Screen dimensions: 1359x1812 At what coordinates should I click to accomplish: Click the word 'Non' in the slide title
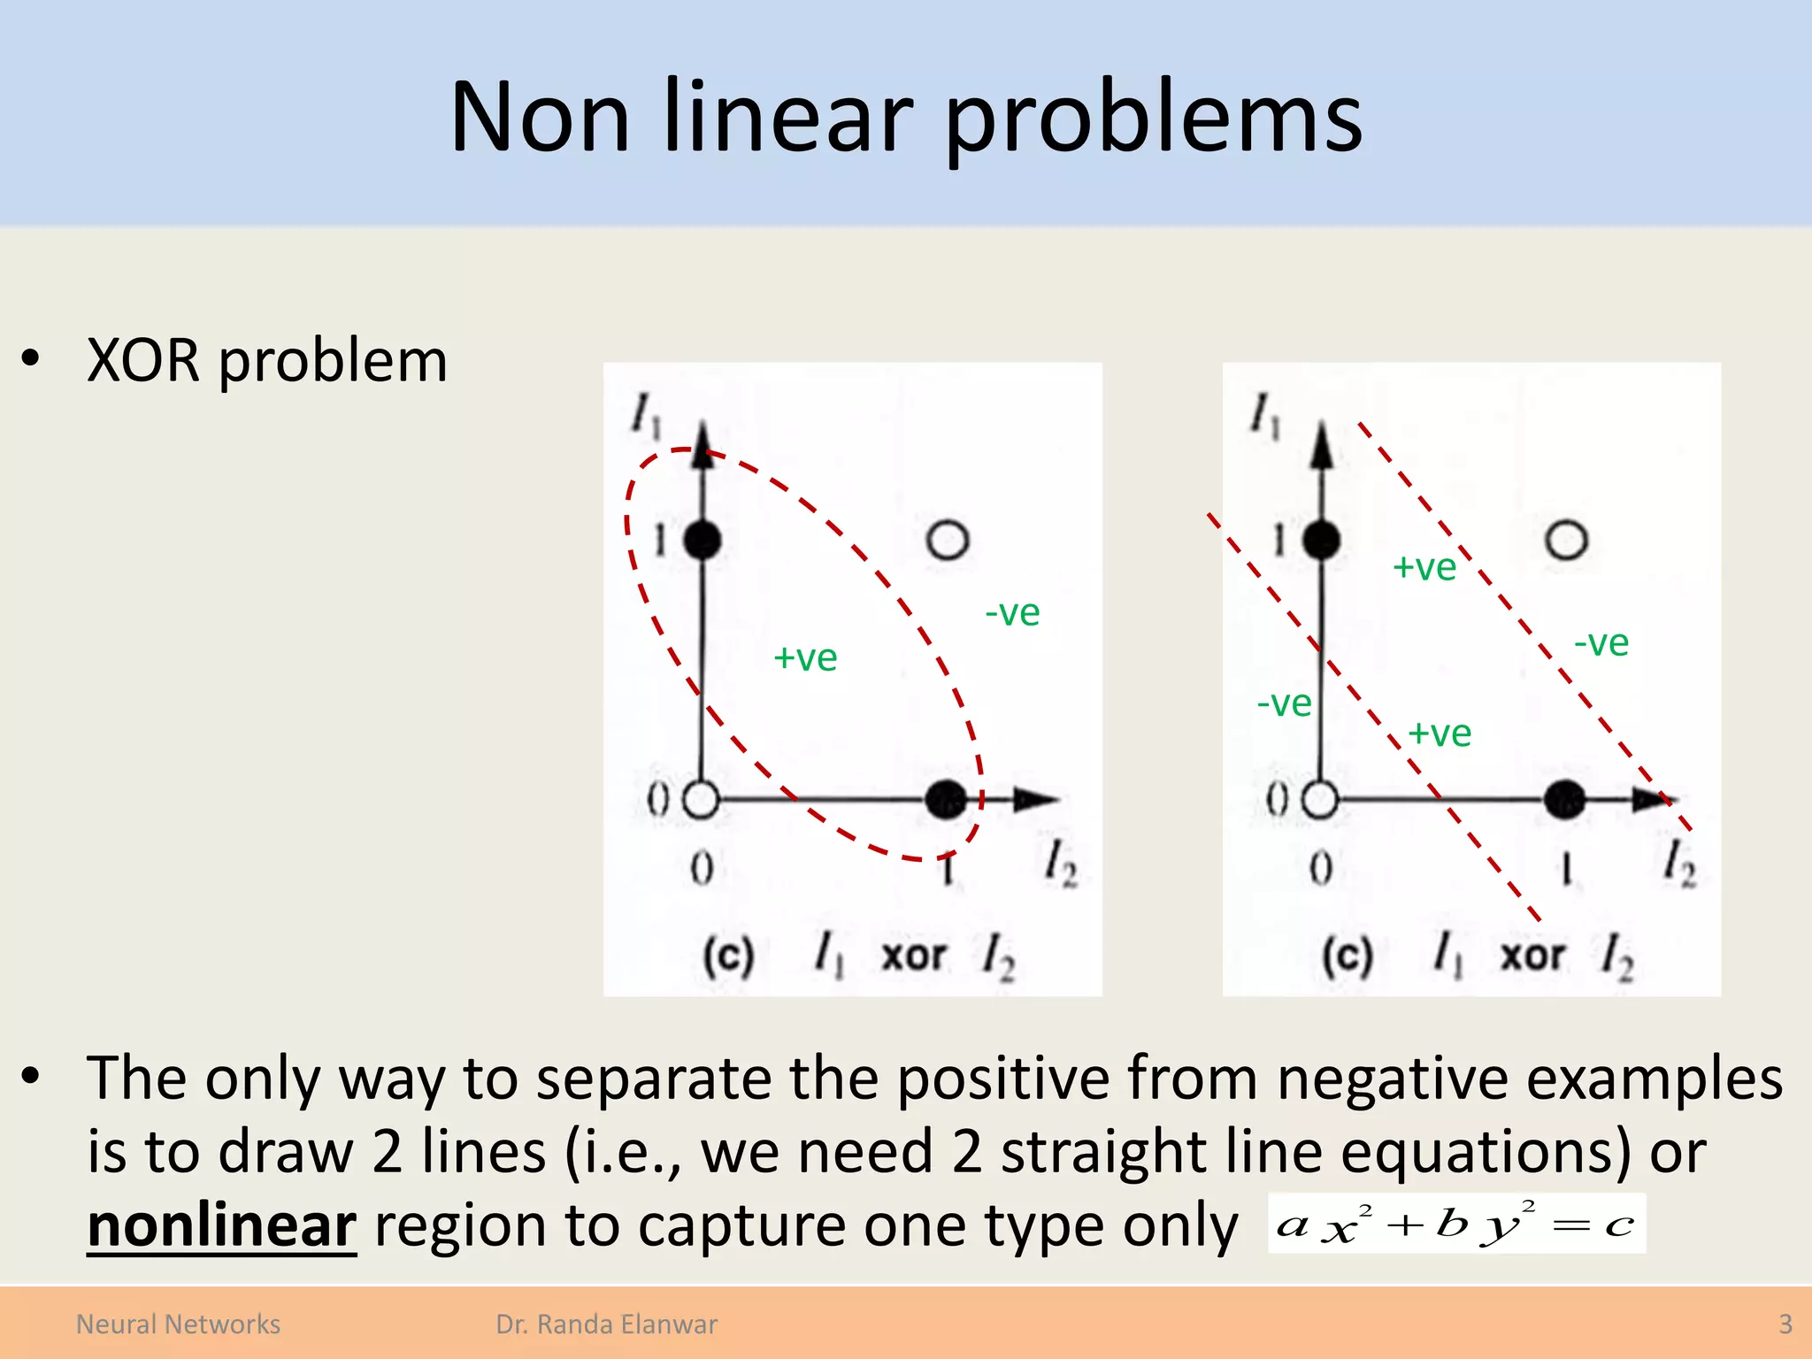click(539, 119)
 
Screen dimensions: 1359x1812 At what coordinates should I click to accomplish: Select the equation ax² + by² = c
click(1456, 1224)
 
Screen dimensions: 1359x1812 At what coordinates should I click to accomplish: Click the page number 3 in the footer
click(1785, 1324)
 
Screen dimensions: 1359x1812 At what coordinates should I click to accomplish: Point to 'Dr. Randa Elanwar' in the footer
click(606, 1324)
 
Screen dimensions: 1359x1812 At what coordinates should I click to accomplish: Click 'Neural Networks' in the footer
click(178, 1324)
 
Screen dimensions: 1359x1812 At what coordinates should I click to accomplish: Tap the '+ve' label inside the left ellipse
click(805, 658)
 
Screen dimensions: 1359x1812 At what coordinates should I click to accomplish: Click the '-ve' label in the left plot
click(1012, 612)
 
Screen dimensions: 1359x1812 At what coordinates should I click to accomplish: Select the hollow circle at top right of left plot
click(948, 540)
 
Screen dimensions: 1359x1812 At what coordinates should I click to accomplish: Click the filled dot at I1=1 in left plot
click(703, 540)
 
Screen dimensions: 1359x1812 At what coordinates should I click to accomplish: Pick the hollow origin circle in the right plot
click(1320, 800)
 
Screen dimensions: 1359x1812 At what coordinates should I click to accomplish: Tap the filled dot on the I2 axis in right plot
click(1564, 800)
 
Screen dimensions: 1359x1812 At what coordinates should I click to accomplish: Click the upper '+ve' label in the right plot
click(1424, 567)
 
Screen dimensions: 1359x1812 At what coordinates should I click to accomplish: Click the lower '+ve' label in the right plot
click(1440, 733)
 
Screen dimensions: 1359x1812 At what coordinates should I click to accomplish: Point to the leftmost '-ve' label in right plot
click(1284, 703)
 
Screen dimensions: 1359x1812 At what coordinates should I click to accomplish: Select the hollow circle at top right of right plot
click(1566, 540)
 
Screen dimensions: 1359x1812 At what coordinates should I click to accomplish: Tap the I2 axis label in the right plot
click(1678, 863)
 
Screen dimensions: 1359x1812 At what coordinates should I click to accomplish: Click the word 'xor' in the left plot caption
click(914, 956)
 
